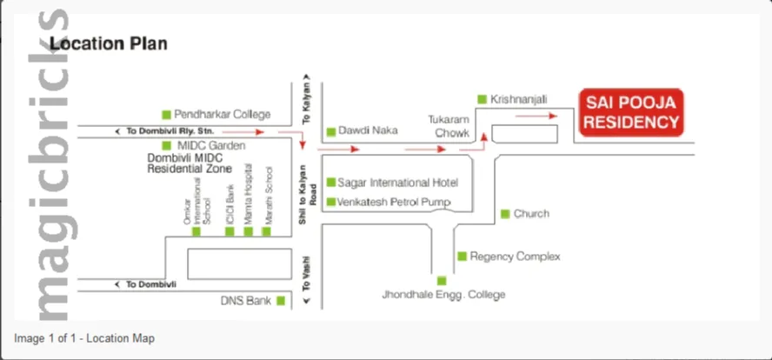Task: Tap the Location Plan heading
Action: pyautogui.click(x=109, y=43)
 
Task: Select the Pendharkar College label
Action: pyautogui.click(x=223, y=114)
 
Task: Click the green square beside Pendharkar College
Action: pyautogui.click(x=165, y=114)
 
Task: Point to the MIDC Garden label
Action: pyautogui.click(x=211, y=145)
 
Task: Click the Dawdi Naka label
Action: pyautogui.click(x=368, y=130)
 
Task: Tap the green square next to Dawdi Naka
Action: pyautogui.click(x=330, y=132)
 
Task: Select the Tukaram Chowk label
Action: pyautogui.click(x=449, y=126)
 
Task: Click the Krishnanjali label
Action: pyautogui.click(x=519, y=100)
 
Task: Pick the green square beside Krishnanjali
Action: pyautogui.click(x=482, y=100)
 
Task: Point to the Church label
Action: pyautogui.click(x=531, y=214)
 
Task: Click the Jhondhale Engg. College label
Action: pyautogui.click(x=443, y=295)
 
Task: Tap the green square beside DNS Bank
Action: pyautogui.click(x=281, y=302)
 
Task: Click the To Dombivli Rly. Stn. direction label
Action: pyautogui.click(x=165, y=130)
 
